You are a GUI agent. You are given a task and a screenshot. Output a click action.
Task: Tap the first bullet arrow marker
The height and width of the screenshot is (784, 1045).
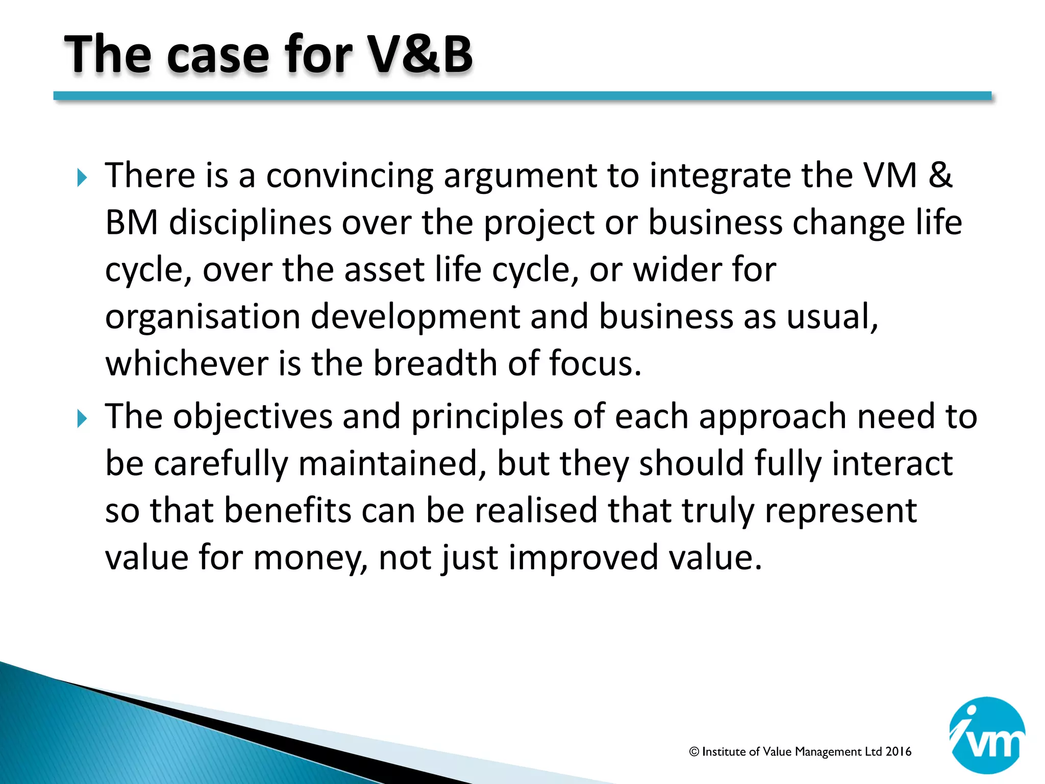click(82, 178)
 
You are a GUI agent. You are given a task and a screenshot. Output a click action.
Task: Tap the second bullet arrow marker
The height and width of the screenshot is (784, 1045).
click(82, 419)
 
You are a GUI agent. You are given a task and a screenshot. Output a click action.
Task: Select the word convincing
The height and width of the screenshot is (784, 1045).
click(349, 176)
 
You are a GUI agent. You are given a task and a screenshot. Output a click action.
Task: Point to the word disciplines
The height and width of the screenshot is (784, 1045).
click(250, 224)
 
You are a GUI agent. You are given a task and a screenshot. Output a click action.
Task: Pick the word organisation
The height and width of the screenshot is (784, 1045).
click(202, 317)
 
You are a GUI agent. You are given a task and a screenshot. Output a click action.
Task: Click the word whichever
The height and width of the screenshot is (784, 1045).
click(187, 363)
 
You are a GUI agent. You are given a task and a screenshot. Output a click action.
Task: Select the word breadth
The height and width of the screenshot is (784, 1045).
click(435, 363)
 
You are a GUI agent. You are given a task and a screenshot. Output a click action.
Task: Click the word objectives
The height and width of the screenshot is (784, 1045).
click(253, 418)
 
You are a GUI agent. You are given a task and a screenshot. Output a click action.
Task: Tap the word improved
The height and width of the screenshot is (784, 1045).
click(583, 558)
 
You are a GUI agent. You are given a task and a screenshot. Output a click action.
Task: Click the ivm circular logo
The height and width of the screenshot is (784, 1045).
click(987, 735)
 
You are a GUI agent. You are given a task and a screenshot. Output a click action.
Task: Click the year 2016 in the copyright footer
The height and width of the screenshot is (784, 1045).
click(899, 751)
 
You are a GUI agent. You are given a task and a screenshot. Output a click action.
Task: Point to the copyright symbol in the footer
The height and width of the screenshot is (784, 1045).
click(694, 752)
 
